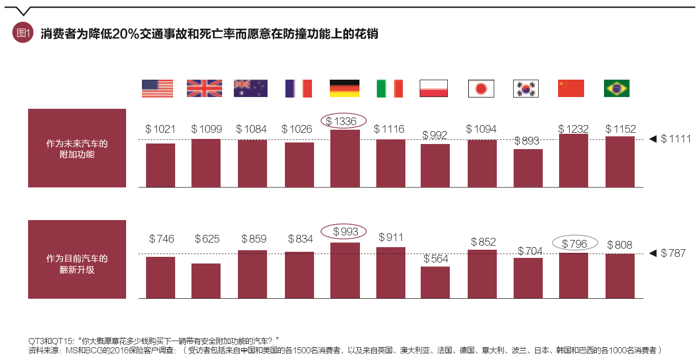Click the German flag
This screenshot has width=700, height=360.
(344, 88)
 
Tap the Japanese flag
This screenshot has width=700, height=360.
(481, 88)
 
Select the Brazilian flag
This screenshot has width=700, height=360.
(617, 88)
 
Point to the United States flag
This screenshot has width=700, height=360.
(157, 88)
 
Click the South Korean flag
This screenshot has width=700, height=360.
(526, 88)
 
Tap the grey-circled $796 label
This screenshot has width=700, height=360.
(574, 244)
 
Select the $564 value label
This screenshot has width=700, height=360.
(436, 259)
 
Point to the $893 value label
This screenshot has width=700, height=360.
(528, 141)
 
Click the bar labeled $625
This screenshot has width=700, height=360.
(206, 281)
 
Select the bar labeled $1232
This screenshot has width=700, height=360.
(573, 161)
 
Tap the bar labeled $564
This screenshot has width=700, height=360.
(436, 282)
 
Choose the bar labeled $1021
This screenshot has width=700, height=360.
(160, 165)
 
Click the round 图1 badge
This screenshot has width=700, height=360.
(22, 33)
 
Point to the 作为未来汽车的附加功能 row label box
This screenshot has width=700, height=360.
(77, 148)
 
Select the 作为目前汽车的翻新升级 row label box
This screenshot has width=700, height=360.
(77, 259)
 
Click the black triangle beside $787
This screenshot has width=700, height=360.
(652, 253)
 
